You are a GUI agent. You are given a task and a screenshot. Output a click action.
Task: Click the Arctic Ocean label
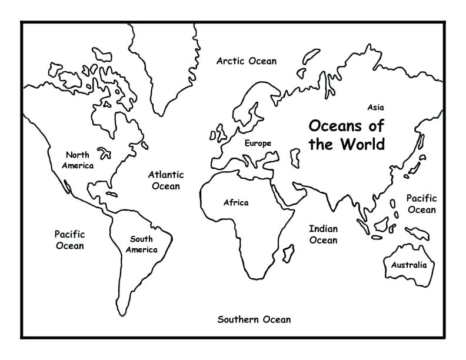[246, 61]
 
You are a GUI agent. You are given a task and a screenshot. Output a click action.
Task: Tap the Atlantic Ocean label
[165, 181]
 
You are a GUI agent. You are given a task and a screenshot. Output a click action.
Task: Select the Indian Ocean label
[323, 234]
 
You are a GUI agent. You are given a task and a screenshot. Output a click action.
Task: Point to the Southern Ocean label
[254, 320]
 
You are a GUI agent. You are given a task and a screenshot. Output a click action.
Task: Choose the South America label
[141, 244]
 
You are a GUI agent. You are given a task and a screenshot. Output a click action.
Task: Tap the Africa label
[235, 203]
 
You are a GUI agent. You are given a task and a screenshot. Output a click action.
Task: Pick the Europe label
[258, 144]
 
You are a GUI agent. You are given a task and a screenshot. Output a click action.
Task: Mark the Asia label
[375, 108]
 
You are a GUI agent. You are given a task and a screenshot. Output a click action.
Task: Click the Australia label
[409, 265]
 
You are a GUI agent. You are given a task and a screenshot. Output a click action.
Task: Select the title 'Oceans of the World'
[347, 135]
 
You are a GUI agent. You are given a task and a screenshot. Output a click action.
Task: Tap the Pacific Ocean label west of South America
[69, 240]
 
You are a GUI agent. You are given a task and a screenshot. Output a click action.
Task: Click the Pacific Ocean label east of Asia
[421, 204]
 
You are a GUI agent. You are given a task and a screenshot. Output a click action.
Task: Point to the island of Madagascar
[288, 254]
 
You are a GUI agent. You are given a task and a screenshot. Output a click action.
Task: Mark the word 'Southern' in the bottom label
[237, 320]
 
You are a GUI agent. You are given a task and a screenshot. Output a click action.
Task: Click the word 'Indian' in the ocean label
[323, 228]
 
